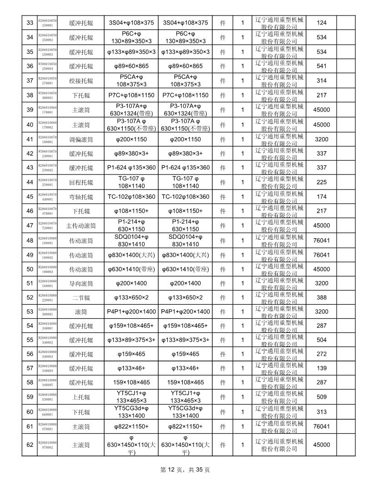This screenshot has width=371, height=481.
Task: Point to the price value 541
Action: click(321, 66)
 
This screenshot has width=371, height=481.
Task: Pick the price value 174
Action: click(321, 197)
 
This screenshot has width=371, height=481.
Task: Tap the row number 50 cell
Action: click(30, 269)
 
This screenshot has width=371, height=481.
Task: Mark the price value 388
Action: click(321, 297)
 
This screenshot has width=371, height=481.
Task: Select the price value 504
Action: click(321, 340)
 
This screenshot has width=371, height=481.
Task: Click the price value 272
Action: click(321, 354)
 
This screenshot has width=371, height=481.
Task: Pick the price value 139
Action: click(321, 368)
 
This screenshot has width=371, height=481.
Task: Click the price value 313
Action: click(321, 412)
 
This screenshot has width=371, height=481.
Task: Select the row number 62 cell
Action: click(30, 444)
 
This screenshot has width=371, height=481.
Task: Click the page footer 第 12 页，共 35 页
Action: click(185, 470)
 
